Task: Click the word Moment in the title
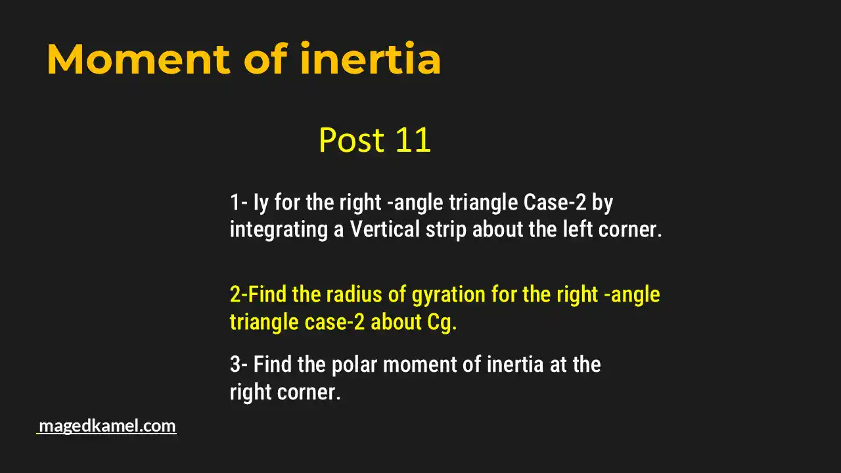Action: [138, 59]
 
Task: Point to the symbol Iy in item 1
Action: [260, 203]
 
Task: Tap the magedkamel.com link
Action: [107, 426]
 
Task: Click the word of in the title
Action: [265, 59]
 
